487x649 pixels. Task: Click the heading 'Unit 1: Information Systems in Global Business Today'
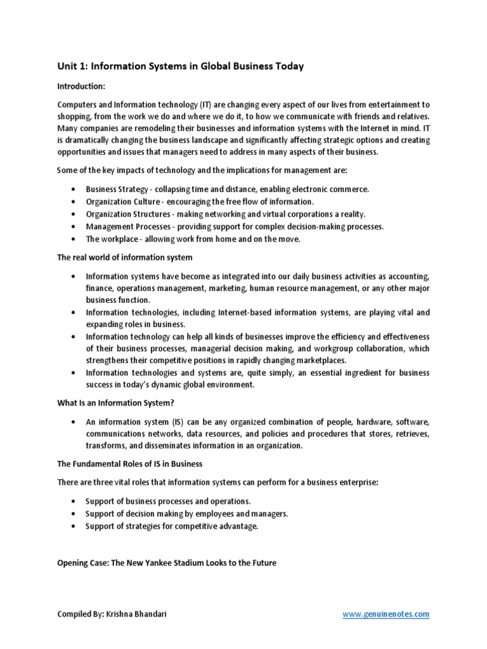181,67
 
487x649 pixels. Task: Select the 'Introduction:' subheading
82,86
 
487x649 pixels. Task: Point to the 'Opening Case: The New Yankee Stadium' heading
167,562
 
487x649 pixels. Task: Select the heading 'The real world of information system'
124,257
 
